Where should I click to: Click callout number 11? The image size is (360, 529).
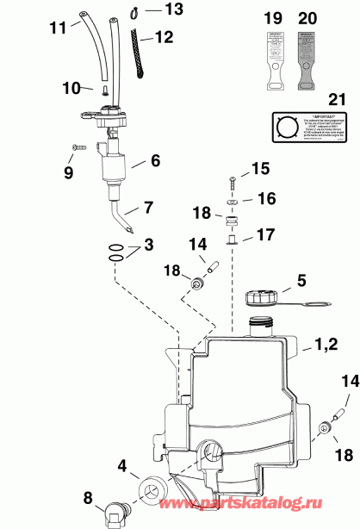(x=57, y=28)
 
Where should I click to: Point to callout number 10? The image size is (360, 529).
(x=71, y=87)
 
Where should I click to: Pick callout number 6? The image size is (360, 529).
(x=155, y=160)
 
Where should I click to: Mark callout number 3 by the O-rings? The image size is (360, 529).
(x=148, y=246)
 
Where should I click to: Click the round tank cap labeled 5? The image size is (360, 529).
(x=261, y=298)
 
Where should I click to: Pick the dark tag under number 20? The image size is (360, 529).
(x=307, y=58)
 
